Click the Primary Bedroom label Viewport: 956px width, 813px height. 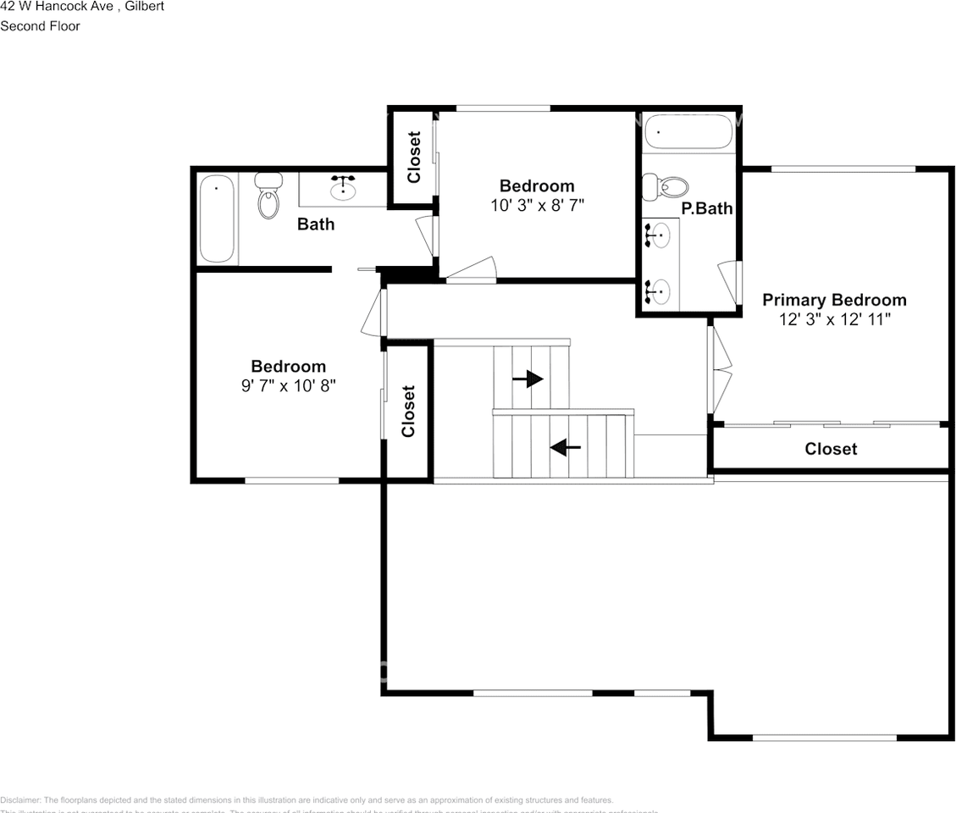[x=833, y=300]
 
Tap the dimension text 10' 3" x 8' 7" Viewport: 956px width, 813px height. [x=537, y=205]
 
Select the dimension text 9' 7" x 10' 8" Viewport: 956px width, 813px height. [x=288, y=385]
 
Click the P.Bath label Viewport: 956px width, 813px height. [x=706, y=208]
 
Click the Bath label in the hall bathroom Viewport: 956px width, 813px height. [x=315, y=224]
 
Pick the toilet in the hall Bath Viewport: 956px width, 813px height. [x=268, y=196]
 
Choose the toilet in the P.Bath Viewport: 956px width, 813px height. [x=664, y=186]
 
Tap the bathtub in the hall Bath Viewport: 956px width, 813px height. [x=216, y=218]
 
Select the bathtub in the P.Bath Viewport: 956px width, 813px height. [x=688, y=131]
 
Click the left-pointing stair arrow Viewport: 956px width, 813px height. [x=565, y=446]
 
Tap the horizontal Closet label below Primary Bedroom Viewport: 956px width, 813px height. [x=830, y=449]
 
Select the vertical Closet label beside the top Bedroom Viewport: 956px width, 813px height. [x=414, y=157]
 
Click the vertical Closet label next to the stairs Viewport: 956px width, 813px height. [x=408, y=411]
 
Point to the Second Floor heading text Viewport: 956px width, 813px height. [x=40, y=26]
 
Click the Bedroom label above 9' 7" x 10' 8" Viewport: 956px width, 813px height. [x=288, y=367]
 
